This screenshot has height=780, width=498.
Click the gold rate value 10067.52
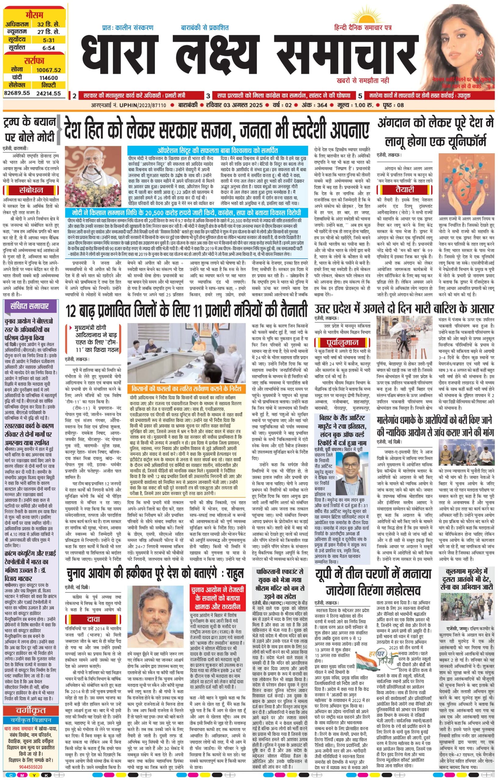coord(48,70)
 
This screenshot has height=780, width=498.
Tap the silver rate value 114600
coord(48,78)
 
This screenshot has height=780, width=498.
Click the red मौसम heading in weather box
coord(35,16)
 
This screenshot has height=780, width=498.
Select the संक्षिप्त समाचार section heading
coord(29,306)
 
